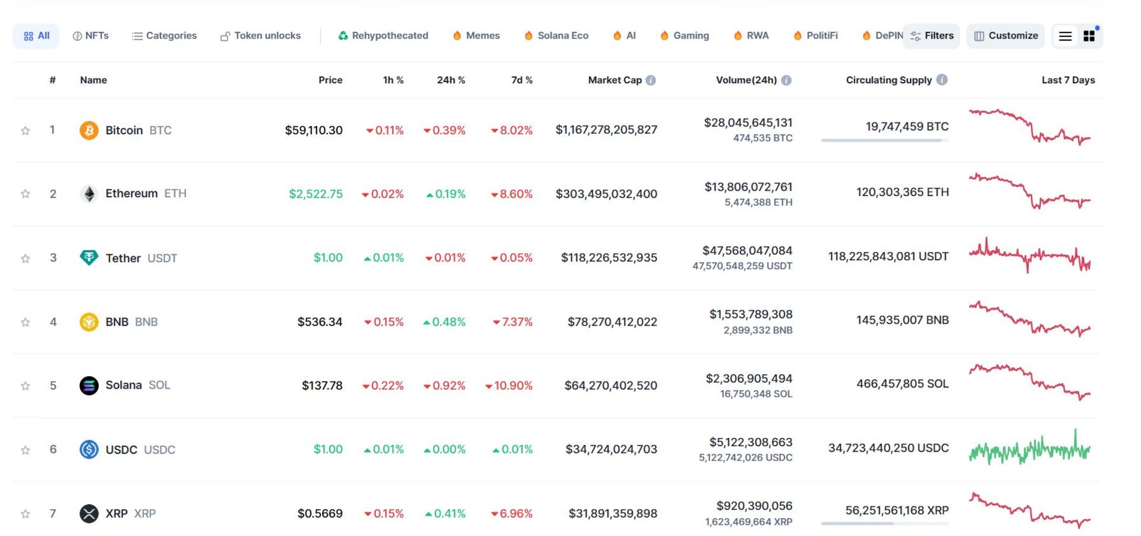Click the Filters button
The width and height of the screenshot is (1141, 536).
[x=931, y=36]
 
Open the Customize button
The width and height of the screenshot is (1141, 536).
[x=1006, y=36]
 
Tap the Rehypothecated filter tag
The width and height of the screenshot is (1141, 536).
[x=383, y=36]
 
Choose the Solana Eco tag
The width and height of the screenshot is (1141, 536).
[x=556, y=36]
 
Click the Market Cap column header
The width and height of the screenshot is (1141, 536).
[x=614, y=80]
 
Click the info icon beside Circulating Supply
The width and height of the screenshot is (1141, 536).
[x=942, y=80]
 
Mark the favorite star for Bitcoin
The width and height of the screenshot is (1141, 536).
[x=26, y=131]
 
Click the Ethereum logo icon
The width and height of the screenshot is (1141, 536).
[x=89, y=194]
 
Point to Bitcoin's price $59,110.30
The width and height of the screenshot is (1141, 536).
[x=313, y=130]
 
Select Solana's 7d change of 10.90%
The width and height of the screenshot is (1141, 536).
[x=509, y=386]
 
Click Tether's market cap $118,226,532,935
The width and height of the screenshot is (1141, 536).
[x=609, y=258]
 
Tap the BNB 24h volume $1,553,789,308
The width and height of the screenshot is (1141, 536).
[x=751, y=314]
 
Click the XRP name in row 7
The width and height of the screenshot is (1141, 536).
[x=116, y=513]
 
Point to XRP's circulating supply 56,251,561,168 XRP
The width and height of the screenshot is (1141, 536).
[x=897, y=510]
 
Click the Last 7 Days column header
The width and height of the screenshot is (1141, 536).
[x=1068, y=80]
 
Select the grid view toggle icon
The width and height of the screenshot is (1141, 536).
[x=1089, y=36]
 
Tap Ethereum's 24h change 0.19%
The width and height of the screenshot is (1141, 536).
[x=446, y=194]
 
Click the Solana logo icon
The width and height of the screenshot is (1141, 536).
[x=89, y=386]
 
